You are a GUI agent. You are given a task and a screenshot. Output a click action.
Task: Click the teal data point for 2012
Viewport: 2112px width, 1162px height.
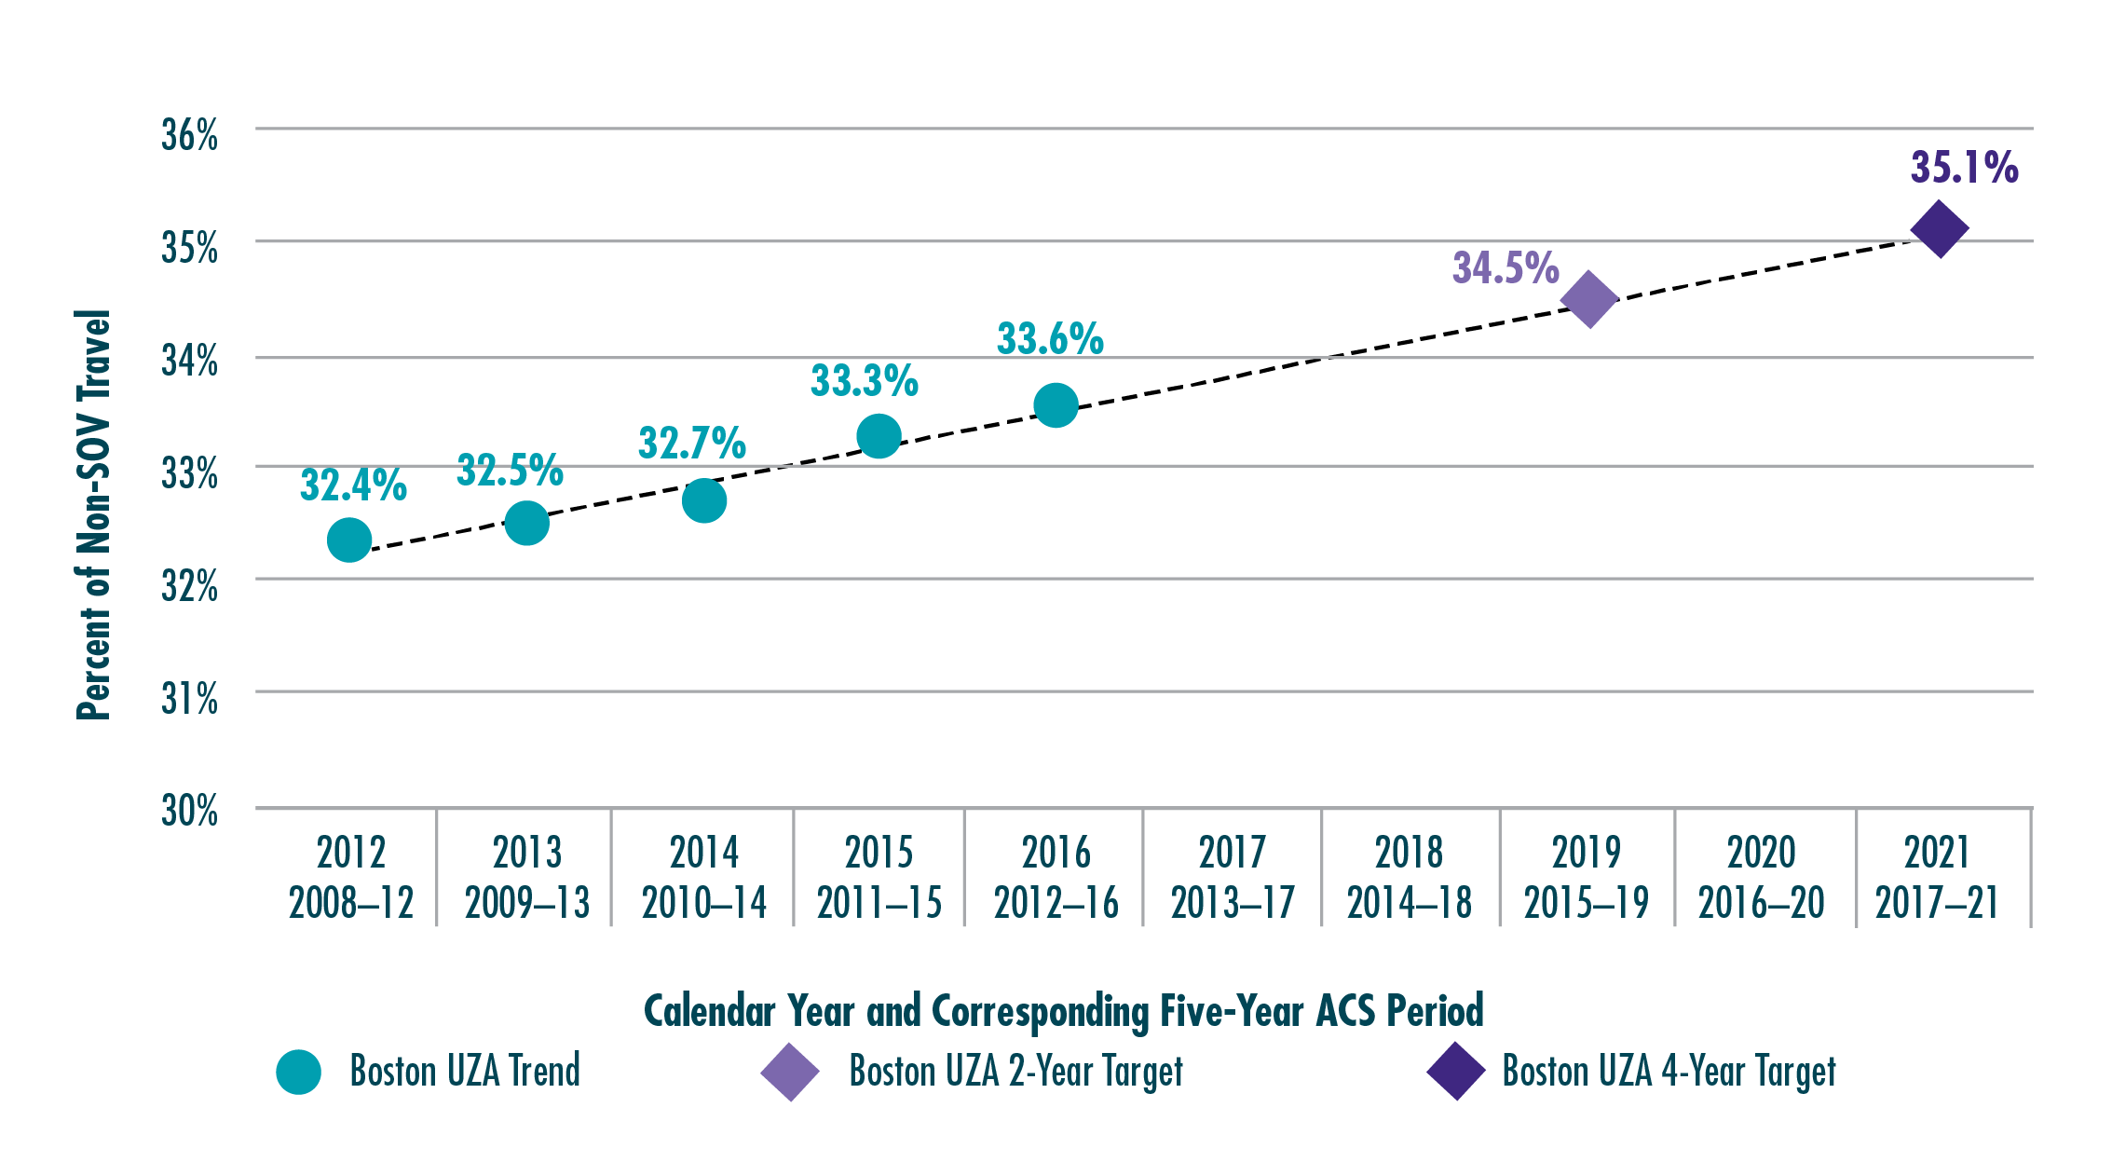pyautogui.click(x=349, y=540)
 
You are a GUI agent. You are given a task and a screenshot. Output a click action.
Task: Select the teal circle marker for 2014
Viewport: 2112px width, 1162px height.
pyautogui.click(x=704, y=501)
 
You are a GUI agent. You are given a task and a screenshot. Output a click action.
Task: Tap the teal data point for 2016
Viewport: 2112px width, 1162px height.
pyautogui.click(x=1056, y=405)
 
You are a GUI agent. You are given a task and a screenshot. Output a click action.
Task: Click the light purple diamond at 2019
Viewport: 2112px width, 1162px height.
pyautogui.click(x=1589, y=300)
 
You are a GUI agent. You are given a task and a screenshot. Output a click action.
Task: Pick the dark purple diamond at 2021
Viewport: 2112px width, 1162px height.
pyautogui.click(x=1939, y=228)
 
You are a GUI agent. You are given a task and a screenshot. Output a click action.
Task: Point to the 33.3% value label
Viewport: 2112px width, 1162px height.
pyautogui.click(x=865, y=380)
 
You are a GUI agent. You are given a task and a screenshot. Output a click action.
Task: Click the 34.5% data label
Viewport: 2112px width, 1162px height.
pyautogui.click(x=1506, y=268)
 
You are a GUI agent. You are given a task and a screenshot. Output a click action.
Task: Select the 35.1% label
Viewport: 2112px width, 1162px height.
pyautogui.click(x=1964, y=168)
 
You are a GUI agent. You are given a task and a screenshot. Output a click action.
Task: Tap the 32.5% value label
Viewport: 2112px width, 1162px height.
pyautogui.click(x=510, y=471)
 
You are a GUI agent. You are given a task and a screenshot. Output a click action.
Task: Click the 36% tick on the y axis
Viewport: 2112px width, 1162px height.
pyautogui.click(x=190, y=136)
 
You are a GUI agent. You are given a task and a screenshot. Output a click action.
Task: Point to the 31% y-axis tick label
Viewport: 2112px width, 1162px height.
pyautogui.click(x=190, y=699)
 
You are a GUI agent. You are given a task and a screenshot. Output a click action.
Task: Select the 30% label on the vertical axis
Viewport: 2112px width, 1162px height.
pyautogui.click(x=190, y=812)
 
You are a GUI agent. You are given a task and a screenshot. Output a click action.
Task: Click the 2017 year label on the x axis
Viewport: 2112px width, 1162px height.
pyautogui.click(x=1232, y=852)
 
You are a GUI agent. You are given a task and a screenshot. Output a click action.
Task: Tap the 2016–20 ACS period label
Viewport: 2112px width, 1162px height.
pyautogui.click(x=1761, y=903)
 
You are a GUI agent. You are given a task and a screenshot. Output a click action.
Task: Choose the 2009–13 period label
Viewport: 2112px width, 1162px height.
pyautogui.click(x=527, y=903)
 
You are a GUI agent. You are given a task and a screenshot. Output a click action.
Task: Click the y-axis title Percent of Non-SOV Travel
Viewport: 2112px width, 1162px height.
pyautogui.click(x=94, y=514)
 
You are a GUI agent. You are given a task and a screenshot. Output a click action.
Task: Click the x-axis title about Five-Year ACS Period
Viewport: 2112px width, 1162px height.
pyautogui.click(x=1063, y=1011)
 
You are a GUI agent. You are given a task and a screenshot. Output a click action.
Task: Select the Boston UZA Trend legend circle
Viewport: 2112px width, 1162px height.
pyautogui.click(x=299, y=1072)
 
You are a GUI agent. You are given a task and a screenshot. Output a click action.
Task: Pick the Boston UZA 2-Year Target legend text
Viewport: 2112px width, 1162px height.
pyautogui.click(x=1015, y=1072)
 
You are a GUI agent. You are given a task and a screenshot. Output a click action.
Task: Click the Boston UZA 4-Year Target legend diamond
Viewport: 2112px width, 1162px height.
pyautogui.click(x=1455, y=1072)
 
